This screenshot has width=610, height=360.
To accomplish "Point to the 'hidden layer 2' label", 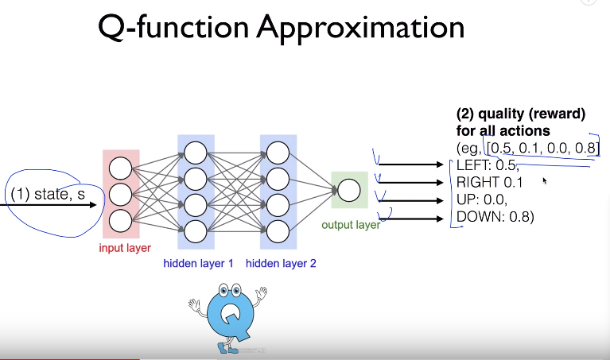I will [281, 263].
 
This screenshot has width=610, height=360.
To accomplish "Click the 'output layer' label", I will [351, 225].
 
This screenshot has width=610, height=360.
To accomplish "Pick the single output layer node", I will [348, 190].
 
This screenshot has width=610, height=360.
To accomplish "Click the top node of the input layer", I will [121, 168].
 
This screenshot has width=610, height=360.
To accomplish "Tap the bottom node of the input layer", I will [121, 219].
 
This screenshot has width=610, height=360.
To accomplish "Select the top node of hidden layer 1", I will [196, 151].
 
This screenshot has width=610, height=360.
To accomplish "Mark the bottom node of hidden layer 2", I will [278, 230].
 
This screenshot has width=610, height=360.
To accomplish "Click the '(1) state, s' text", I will [48, 194].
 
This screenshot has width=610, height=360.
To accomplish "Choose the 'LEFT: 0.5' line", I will [488, 165].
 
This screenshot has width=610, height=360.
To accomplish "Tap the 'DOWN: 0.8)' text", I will [493, 215].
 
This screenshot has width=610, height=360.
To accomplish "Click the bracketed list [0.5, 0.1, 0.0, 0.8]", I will [542, 148].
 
